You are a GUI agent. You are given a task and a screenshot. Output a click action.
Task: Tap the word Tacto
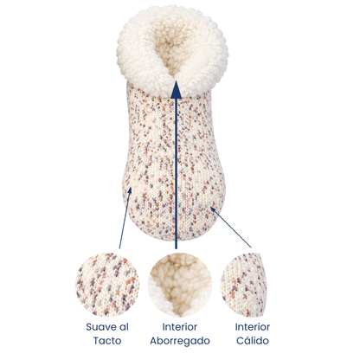point(107,341)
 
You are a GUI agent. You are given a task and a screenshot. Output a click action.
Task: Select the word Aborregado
point(180,341)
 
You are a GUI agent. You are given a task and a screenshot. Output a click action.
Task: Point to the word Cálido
point(253,341)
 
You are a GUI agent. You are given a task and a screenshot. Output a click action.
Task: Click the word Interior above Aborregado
point(180,327)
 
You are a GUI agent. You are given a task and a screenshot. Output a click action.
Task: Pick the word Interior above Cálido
point(253,327)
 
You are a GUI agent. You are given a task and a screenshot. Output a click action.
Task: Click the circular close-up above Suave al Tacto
point(107,285)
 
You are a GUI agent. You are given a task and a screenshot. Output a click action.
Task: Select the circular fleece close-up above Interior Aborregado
point(180,285)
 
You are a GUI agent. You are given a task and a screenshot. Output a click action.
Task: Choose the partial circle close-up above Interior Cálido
point(244,285)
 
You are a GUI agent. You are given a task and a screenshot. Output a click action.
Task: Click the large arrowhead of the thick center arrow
point(176,90)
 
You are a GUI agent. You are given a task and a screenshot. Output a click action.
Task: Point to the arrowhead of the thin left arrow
point(130,190)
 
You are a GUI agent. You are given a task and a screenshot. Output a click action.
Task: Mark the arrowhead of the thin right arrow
point(213,209)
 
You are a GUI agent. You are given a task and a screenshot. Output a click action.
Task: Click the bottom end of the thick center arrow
point(176,247)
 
